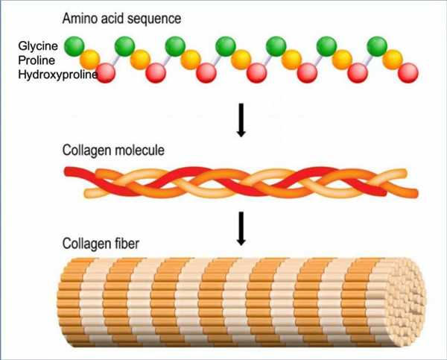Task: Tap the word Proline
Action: coord(36,60)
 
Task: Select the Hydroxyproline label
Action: coord(56,73)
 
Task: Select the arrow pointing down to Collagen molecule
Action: coord(240,119)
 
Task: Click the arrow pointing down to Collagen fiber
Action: coord(240,228)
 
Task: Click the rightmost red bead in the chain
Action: coord(408,72)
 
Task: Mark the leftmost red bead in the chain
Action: coord(107,72)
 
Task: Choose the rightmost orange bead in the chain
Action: coord(393,59)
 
